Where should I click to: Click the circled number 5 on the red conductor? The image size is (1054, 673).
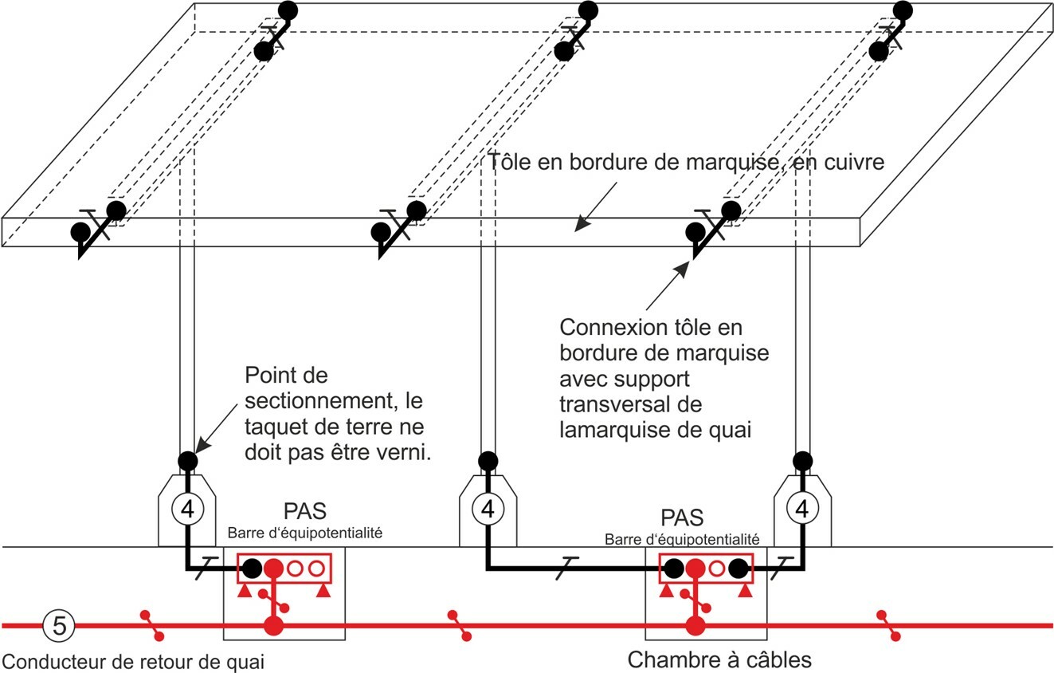pos(58,625)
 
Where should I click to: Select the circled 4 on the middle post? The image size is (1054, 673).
pos(488,507)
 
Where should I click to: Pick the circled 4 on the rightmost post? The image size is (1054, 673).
pos(802,507)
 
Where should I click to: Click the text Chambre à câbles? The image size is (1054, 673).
pos(719,660)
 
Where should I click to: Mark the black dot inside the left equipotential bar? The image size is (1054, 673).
pos(252,569)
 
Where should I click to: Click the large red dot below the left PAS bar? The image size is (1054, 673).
pos(273,625)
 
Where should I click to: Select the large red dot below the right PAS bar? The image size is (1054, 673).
pos(695,625)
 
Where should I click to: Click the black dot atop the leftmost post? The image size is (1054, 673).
pos(187,460)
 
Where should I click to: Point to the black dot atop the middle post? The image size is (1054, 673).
pos(487,460)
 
